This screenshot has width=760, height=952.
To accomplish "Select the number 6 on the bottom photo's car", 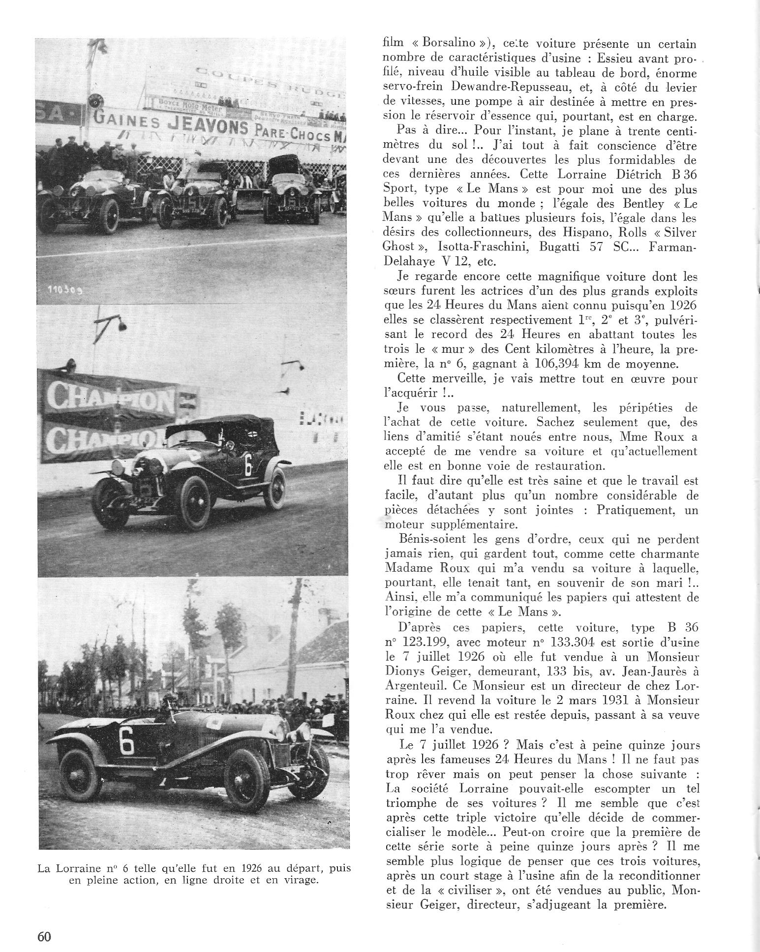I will click(x=126, y=741).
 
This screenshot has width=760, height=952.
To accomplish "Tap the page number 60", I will click(x=44, y=936).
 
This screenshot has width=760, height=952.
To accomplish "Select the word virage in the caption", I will click(x=301, y=880).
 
